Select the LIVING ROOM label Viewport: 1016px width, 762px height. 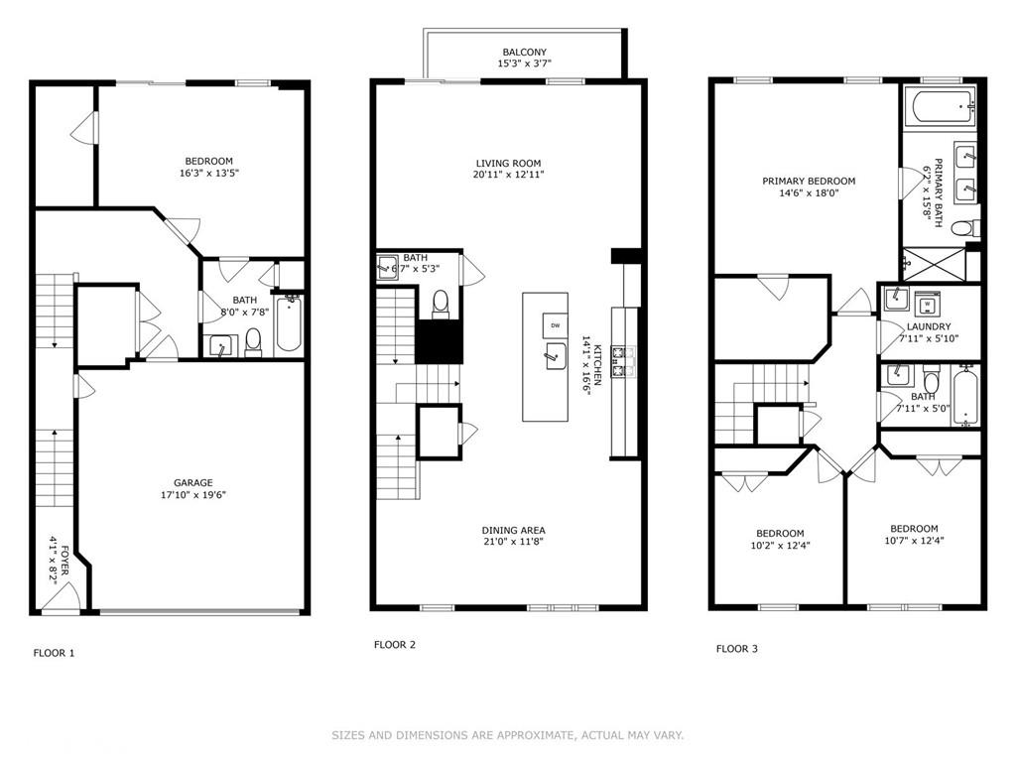[508, 164]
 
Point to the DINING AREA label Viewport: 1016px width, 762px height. [513, 530]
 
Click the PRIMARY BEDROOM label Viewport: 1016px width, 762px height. [809, 182]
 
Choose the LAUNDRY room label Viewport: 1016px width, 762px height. [928, 326]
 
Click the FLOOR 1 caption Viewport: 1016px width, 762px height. [54, 653]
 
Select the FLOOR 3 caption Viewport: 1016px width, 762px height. [737, 649]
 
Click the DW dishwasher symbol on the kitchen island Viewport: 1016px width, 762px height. [555, 325]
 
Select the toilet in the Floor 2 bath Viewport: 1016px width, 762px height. [442, 303]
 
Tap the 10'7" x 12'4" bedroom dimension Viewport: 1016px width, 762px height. [914, 541]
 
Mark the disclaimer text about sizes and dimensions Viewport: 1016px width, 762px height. [507, 735]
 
